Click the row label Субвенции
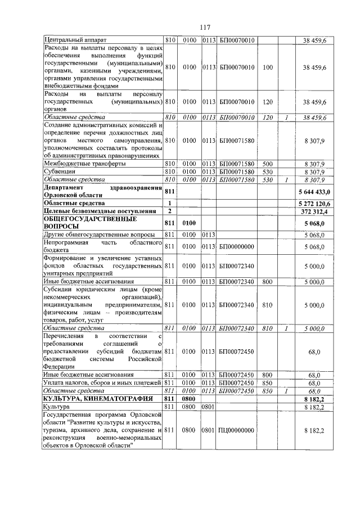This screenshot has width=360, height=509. [58, 172]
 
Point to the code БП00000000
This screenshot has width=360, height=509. [237, 246]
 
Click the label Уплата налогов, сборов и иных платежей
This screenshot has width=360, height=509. [102, 382]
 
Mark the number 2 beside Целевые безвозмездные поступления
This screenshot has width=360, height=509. [169, 210]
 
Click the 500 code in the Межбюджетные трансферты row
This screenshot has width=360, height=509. [268, 164]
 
